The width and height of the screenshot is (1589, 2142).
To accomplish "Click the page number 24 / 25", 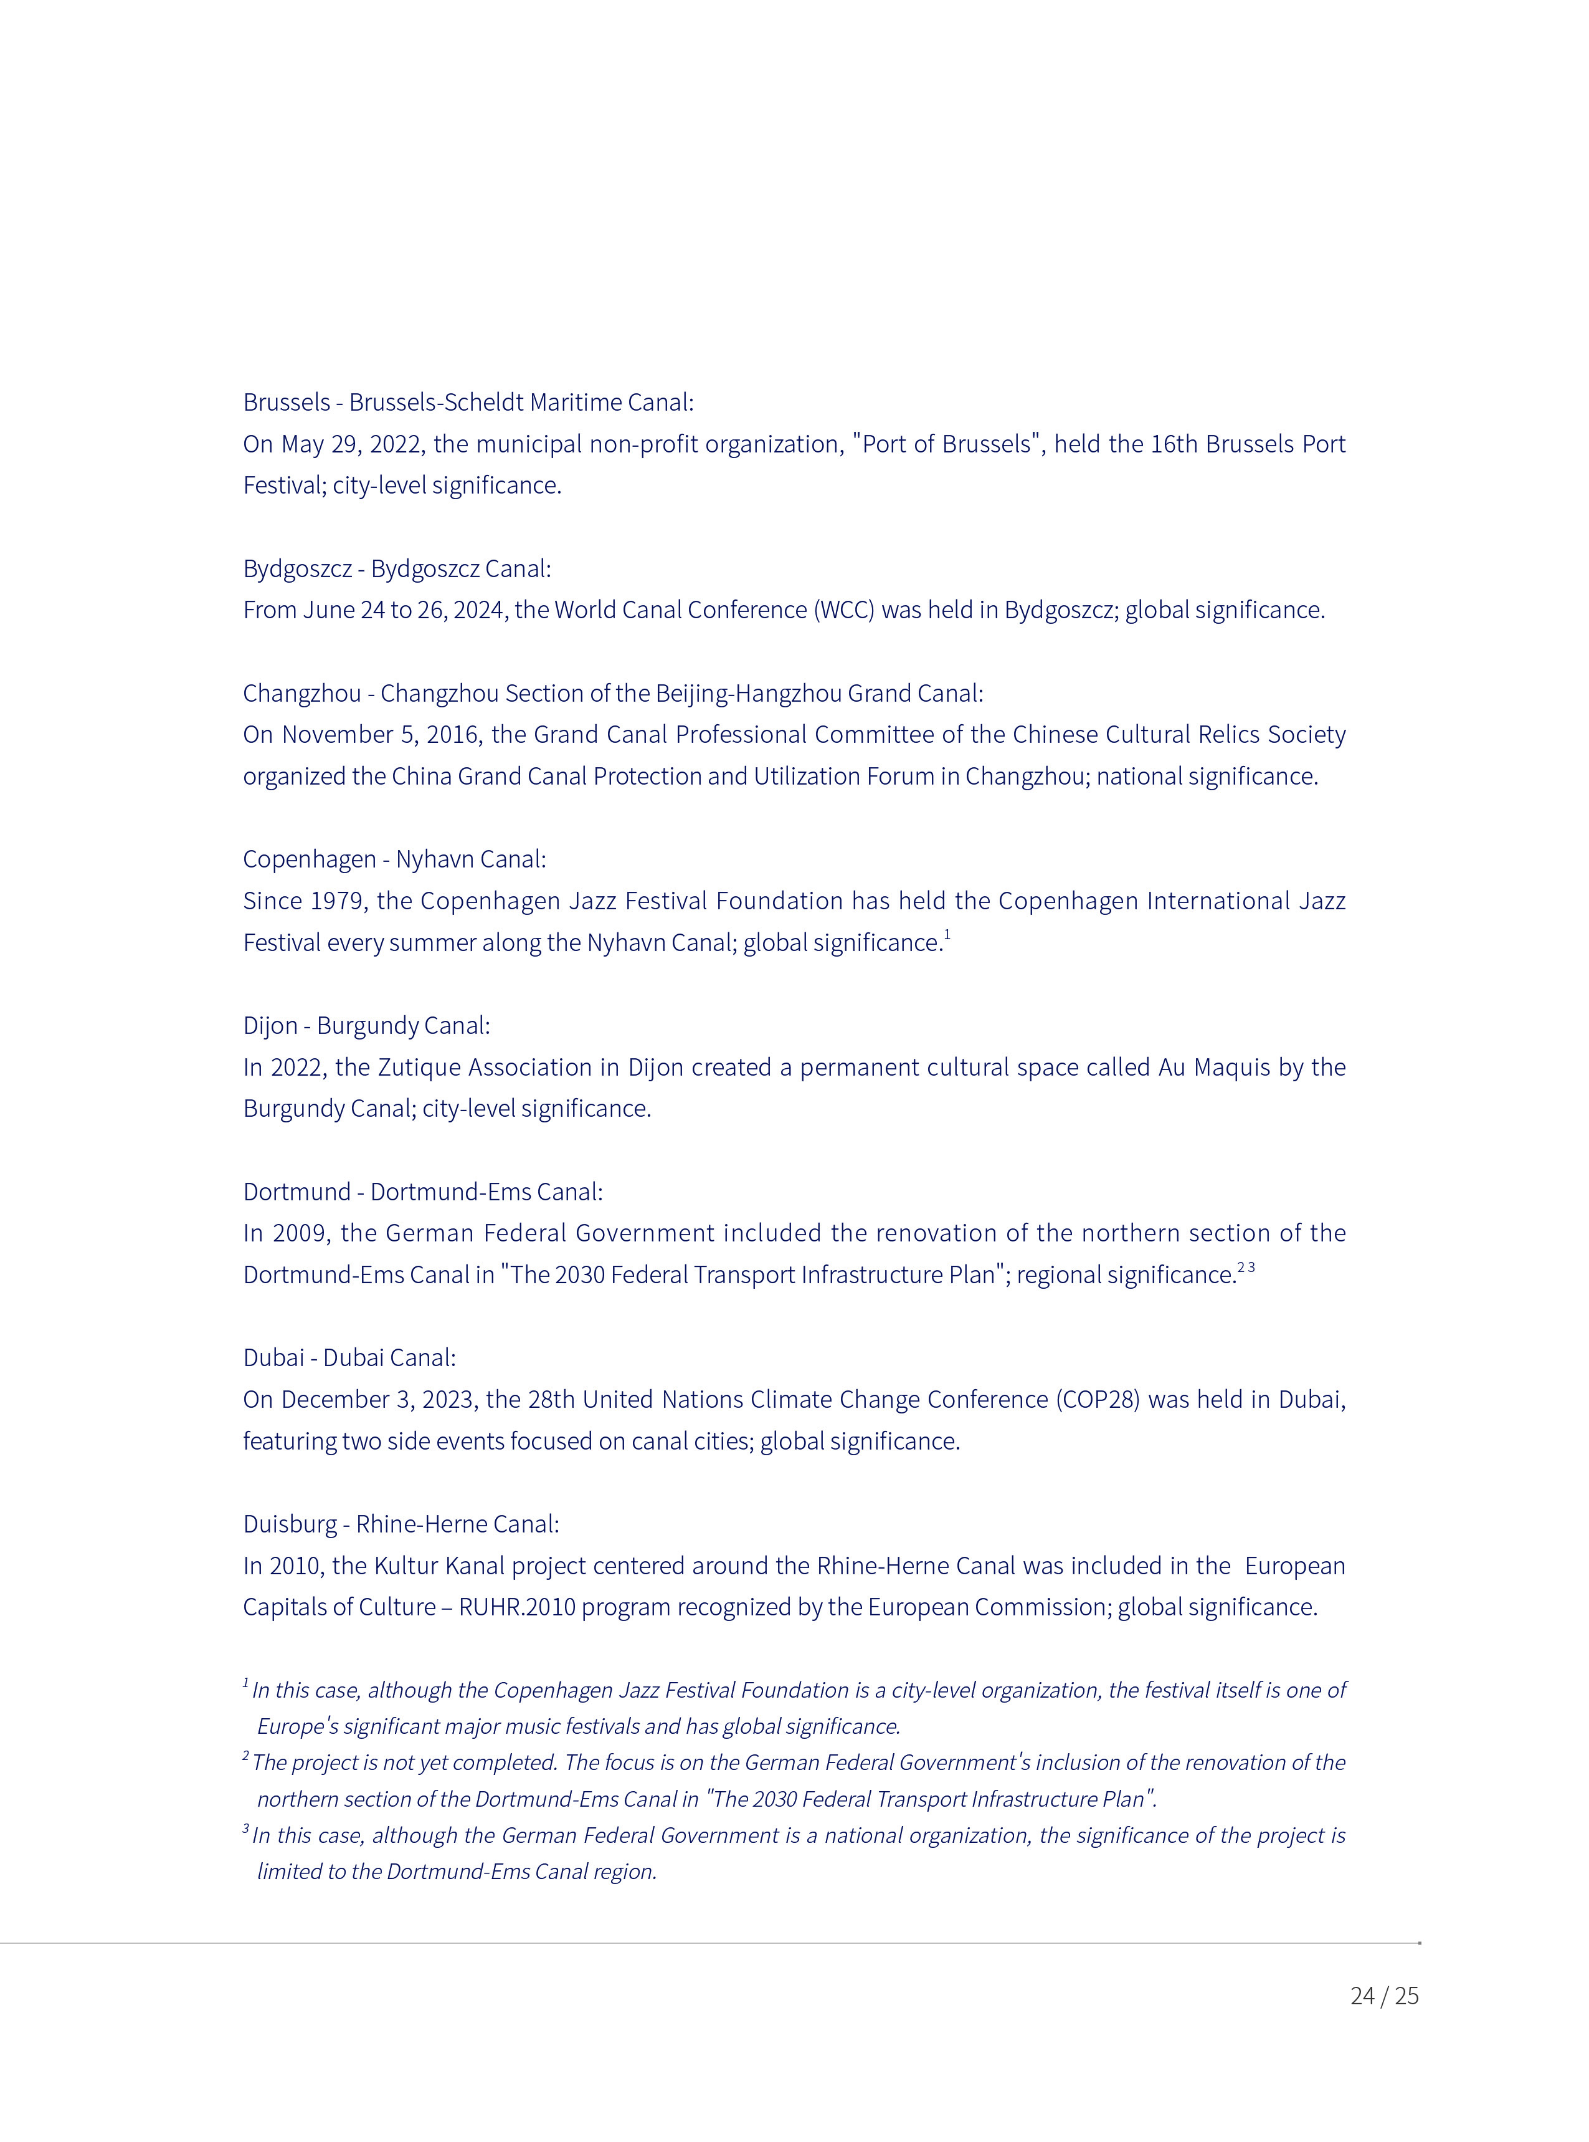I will (x=1383, y=1995).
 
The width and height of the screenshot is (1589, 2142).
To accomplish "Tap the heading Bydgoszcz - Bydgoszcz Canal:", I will (x=396, y=569).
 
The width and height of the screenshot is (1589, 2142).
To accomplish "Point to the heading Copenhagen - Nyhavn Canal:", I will (x=394, y=859).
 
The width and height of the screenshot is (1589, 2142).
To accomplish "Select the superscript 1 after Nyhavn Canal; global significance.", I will (x=947, y=934).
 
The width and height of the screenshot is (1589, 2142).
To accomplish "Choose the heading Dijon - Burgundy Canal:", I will (x=366, y=1026).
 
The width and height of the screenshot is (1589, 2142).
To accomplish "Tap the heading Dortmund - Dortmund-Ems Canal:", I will (x=422, y=1192).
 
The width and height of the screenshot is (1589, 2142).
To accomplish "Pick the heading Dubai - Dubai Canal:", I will (x=349, y=1358).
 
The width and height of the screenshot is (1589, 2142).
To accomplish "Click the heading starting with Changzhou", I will (x=613, y=694).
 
